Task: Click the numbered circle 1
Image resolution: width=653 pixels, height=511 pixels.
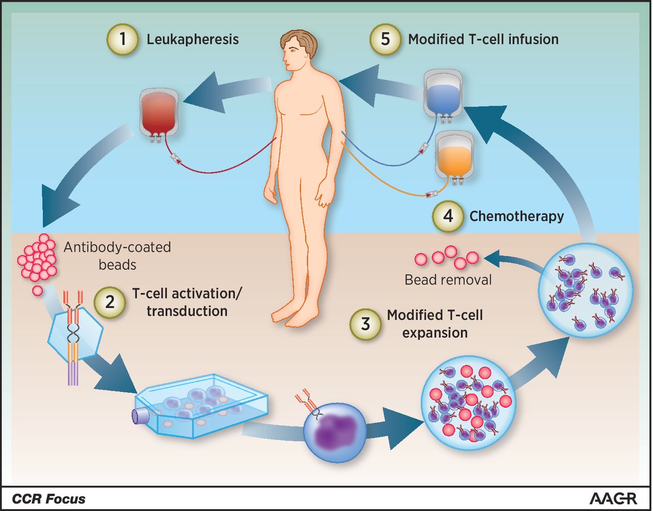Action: click(122, 39)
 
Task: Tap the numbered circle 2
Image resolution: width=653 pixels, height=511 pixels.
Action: click(110, 302)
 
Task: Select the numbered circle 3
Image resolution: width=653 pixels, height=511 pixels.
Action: click(365, 324)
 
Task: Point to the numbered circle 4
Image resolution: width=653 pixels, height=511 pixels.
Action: click(448, 216)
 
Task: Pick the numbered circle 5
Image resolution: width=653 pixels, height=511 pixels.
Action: click(385, 39)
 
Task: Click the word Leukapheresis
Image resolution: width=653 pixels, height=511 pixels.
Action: click(193, 40)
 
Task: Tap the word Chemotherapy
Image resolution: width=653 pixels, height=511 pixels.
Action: click(517, 217)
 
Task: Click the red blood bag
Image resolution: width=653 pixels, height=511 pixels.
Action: click(159, 115)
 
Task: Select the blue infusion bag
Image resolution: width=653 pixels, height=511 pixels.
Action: click(443, 96)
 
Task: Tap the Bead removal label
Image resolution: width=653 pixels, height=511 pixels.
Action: click(448, 280)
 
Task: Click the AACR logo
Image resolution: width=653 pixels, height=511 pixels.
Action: click(613, 499)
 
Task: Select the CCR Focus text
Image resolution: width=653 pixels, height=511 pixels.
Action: click(48, 499)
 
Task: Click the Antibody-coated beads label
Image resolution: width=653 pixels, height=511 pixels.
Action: click(117, 256)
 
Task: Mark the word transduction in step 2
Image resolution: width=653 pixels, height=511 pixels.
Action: click(187, 311)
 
